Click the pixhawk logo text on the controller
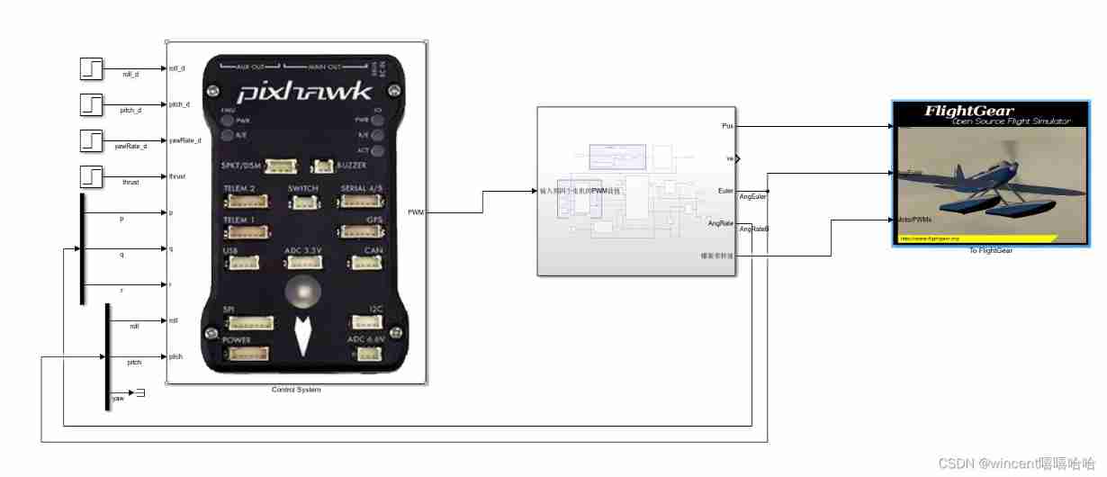[x=303, y=92]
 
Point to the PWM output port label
[x=416, y=212]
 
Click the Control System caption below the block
[x=296, y=390]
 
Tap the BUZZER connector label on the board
[x=352, y=165]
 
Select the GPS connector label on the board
[x=374, y=219]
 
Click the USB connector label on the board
[x=231, y=250]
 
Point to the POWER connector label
[x=237, y=340]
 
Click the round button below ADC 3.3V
[x=303, y=292]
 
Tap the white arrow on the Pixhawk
[x=303, y=336]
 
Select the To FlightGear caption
[x=990, y=251]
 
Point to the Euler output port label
[x=724, y=191]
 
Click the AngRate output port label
[x=720, y=223]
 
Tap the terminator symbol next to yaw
[x=140, y=392]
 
